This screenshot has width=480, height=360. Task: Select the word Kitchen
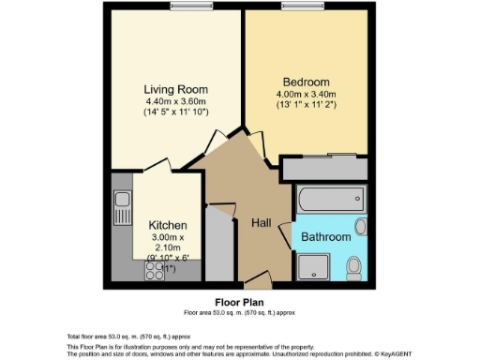168,226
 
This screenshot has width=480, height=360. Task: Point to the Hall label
262,222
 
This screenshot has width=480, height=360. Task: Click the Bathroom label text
325,237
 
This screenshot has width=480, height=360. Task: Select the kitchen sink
122,200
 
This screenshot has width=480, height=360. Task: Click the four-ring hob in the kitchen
153,271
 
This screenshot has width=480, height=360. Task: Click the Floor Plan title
241,303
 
